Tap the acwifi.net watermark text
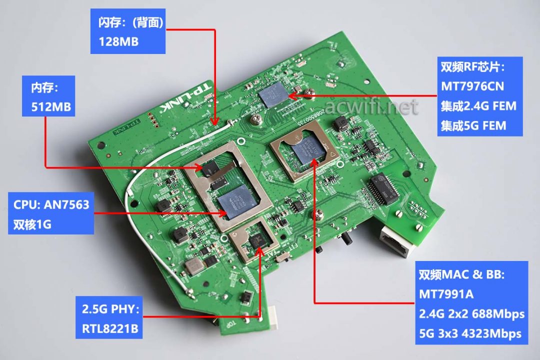point(371,106)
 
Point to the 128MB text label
point(118,41)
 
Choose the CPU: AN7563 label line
point(51,205)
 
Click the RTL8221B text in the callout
point(110,328)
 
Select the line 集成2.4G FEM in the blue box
point(478,106)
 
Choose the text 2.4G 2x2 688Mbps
point(471,313)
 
